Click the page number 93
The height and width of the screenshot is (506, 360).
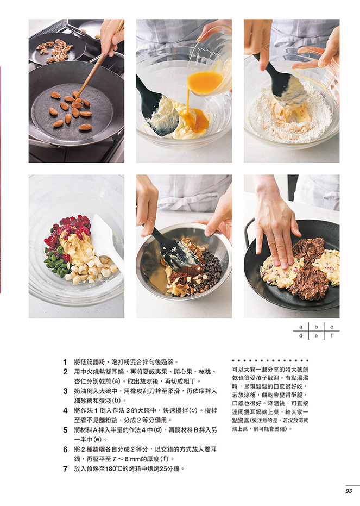click(x=349, y=491)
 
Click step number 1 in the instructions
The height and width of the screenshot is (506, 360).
click(x=65, y=362)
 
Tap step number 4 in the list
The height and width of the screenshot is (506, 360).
click(x=65, y=411)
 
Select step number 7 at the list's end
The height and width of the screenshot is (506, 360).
click(x=65, y=469)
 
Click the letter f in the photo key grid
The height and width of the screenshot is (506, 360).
click(x=332, y=335)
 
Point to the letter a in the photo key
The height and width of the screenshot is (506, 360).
click(x=301, y=327)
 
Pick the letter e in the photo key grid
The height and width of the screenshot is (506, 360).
click(x=316, y=336)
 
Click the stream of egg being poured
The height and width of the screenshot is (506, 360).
click(x=188, y=101)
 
